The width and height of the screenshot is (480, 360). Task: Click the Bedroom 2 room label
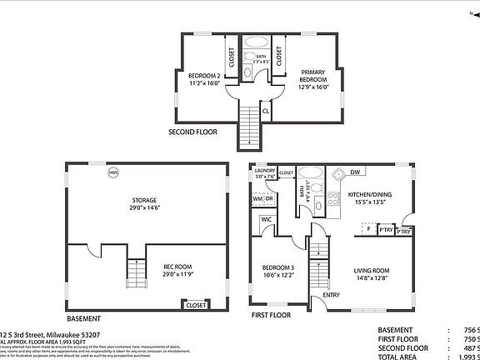click(x=204, y=80)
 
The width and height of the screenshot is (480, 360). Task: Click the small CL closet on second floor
click(x=265, y=109)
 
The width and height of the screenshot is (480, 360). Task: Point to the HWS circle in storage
click(x=112, y=173)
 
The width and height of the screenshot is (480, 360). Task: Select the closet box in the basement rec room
click(x=196, y=305)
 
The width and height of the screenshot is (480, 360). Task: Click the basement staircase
click(x=134, y=272)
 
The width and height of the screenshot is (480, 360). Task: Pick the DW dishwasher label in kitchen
click(x=355, y=173)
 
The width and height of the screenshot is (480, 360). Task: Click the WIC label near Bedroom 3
click(x=267, y=220)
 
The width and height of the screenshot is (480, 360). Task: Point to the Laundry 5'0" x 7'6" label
click(x=264, y=173)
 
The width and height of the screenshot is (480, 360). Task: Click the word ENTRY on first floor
click(x=332, y=295)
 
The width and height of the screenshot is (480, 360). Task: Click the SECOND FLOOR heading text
click(x=194, y=132)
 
